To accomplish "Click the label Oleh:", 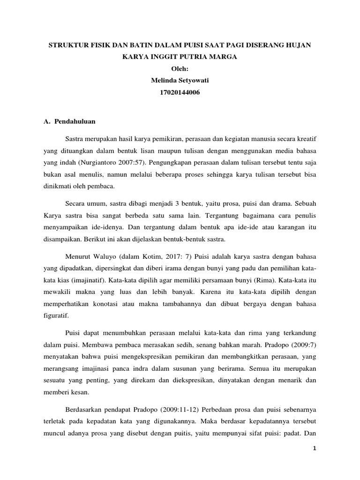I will pos(180,68).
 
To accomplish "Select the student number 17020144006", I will pos(180,93).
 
